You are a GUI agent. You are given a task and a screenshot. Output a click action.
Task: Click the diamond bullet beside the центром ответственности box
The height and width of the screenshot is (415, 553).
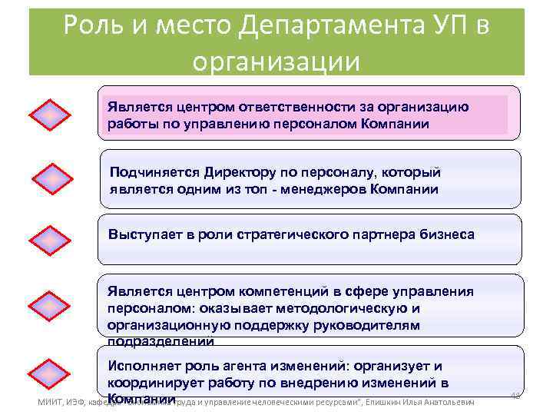click(x=49, y=116)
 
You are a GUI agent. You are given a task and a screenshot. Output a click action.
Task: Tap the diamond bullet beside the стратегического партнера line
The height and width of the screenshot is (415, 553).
click(x=49, y=240)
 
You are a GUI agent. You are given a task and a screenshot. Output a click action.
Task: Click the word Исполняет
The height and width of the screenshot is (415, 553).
click(x=144, y=366)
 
